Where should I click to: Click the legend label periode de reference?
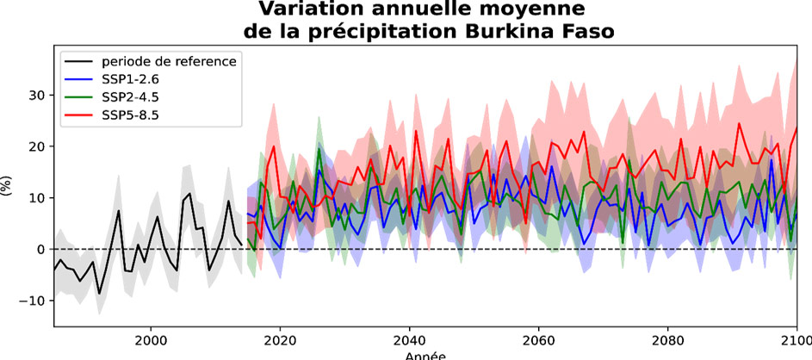point(169,60)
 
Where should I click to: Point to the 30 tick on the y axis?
point(35,95)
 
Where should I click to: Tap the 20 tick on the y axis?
point(35,146)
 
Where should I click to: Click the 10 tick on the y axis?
point(35,198)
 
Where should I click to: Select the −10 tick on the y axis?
point(32,301)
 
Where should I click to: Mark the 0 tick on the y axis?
point(39,249)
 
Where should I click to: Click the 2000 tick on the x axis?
point(151,339)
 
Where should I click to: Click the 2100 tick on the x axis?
point(794,339)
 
